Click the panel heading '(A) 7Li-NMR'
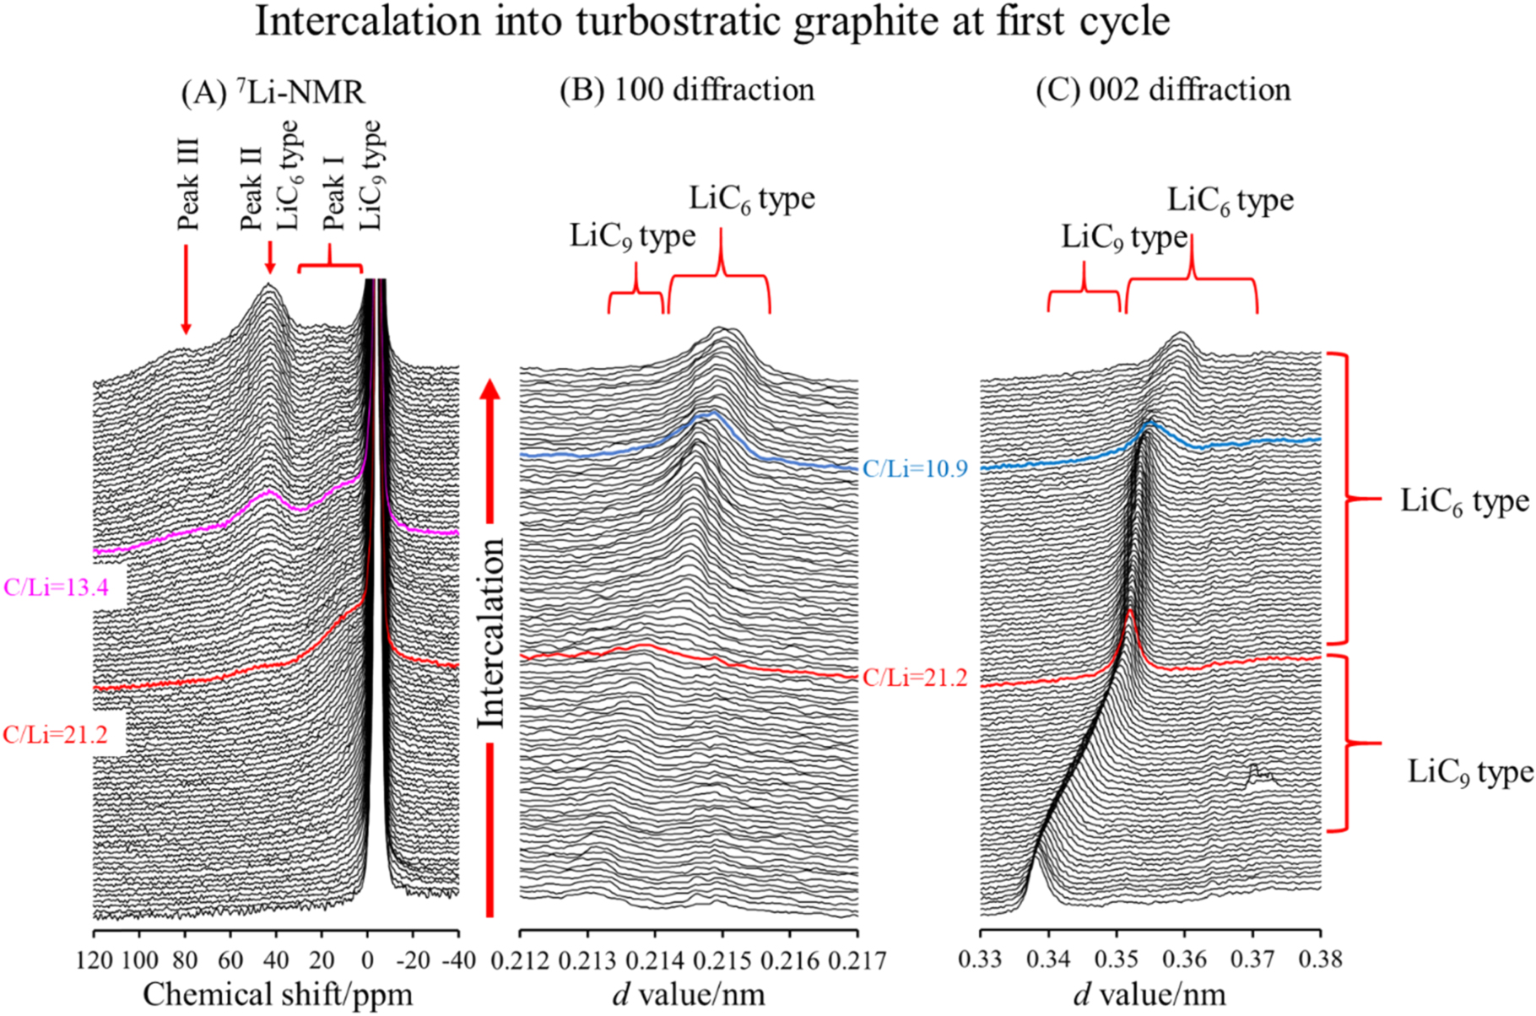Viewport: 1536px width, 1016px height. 273,91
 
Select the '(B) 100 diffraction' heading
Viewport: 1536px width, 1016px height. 687,89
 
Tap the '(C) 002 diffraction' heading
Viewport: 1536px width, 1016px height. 1163,89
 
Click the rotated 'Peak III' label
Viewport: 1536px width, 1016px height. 187,185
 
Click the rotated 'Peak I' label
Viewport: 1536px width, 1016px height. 333,192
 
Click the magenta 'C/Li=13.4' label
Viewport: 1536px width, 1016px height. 57,587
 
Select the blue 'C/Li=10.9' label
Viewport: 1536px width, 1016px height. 914,469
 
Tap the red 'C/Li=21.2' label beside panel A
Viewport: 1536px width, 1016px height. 56,734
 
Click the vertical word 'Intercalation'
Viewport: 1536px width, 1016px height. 490,633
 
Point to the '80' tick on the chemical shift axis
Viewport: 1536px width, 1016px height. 185,960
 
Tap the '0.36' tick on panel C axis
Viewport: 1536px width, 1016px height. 1185,960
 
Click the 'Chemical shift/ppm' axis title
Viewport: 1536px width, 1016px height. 278,993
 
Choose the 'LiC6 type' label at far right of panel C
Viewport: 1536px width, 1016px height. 1464,501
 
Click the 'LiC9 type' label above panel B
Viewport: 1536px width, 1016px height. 632,236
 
